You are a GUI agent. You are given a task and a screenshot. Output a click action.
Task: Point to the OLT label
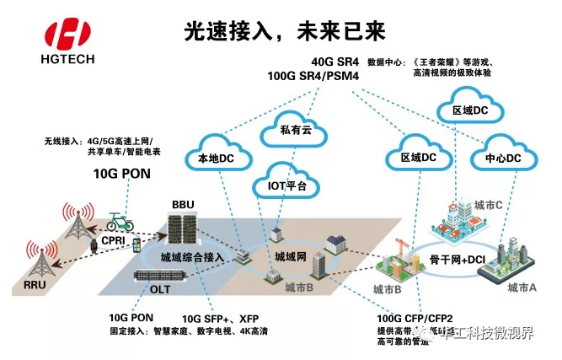(x=160, y=289)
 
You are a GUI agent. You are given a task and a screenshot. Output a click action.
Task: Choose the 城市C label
(x=489, y=205)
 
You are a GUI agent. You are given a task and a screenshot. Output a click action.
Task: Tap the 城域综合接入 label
(x=190, y=255)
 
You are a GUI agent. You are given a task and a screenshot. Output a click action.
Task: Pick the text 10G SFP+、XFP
(x=222, y=318)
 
